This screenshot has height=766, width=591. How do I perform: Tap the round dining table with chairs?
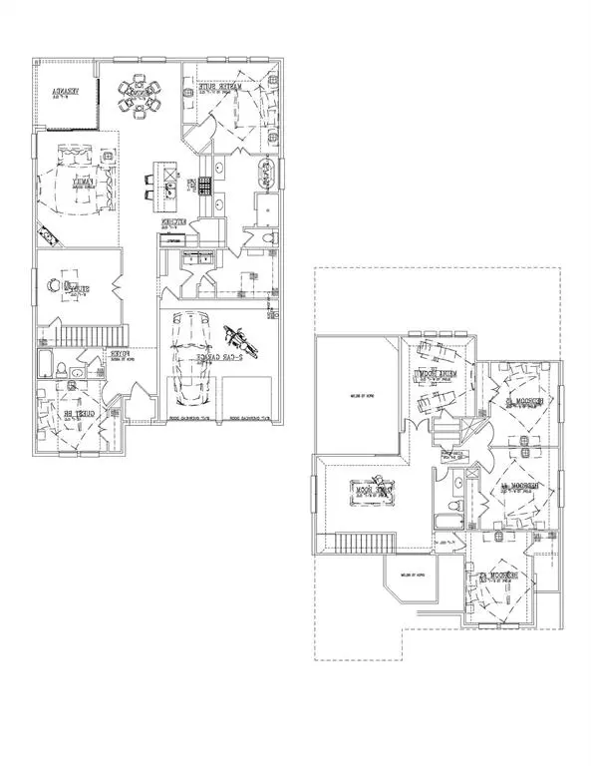point(140,98)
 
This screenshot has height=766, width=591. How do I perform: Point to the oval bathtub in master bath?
point(266,175)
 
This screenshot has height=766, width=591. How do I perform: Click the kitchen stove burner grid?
point(205,186)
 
